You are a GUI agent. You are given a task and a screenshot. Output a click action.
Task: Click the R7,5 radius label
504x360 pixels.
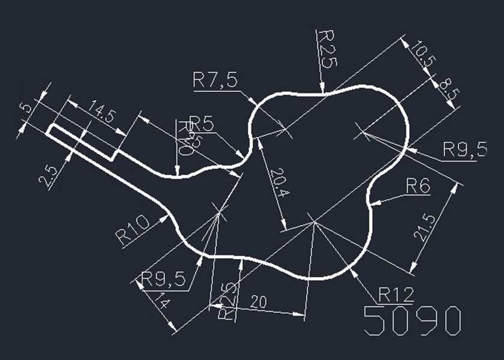(x=214, y=80)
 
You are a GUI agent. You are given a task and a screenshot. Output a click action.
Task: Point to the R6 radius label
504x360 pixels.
(x=418, y=187)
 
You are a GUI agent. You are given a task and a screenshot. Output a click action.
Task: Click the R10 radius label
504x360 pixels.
(x=132, y=230)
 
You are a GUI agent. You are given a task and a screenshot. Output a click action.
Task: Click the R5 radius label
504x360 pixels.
(x=202, y=123)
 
